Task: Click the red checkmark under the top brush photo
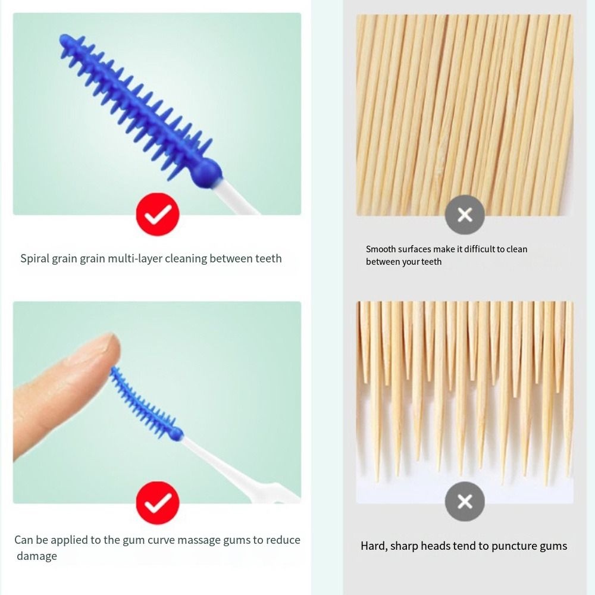[158, 214]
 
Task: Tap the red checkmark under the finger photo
[158, 503]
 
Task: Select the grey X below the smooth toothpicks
[465, 215]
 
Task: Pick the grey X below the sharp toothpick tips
[465, 501]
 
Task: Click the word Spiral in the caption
[35, 258]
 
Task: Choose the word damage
[37, 556]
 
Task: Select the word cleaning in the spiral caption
[186, 258]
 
